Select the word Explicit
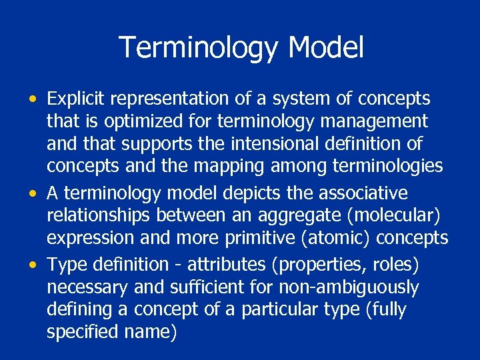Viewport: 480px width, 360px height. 76,99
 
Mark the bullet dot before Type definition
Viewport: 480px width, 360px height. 33,265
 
